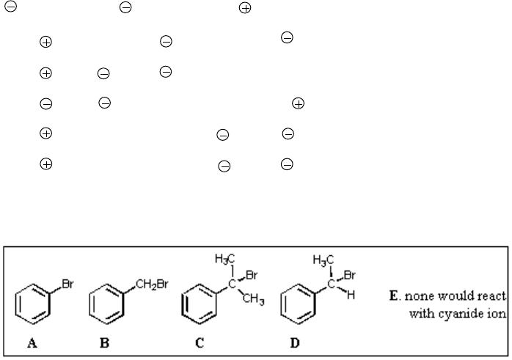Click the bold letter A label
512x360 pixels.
32,343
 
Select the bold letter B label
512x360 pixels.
104,343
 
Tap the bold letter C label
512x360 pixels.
200,343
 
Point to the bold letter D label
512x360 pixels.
295,343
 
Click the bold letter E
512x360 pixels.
393,295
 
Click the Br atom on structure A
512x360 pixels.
67,284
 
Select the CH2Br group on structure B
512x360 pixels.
152,284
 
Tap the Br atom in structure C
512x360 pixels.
252,275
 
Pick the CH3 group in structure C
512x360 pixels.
253,299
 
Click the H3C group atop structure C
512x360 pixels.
225,259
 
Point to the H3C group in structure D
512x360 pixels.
323,260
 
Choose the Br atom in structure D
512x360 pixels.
349,275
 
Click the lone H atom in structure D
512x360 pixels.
351,295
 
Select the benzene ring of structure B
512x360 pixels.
89,304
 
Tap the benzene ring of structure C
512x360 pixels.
182,304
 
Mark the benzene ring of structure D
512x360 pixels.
281,304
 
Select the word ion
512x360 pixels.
500,313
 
